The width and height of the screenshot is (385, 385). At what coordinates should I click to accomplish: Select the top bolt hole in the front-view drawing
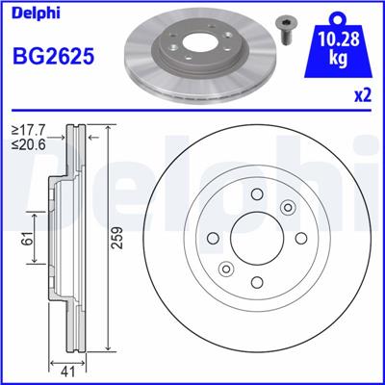tap(257, 195)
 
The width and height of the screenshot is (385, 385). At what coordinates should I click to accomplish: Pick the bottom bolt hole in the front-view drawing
tap(257, 282)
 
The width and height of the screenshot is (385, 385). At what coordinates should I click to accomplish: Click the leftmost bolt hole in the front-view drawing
tap(214, 239)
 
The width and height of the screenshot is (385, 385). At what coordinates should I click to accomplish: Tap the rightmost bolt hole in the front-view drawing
tap(300, 239)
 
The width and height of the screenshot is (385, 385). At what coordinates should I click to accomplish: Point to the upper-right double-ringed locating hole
tap(287, 208)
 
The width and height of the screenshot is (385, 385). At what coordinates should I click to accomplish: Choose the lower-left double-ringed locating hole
tap(227, 269)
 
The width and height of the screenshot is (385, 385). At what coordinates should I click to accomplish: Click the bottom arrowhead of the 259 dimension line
tap(108, 353)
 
